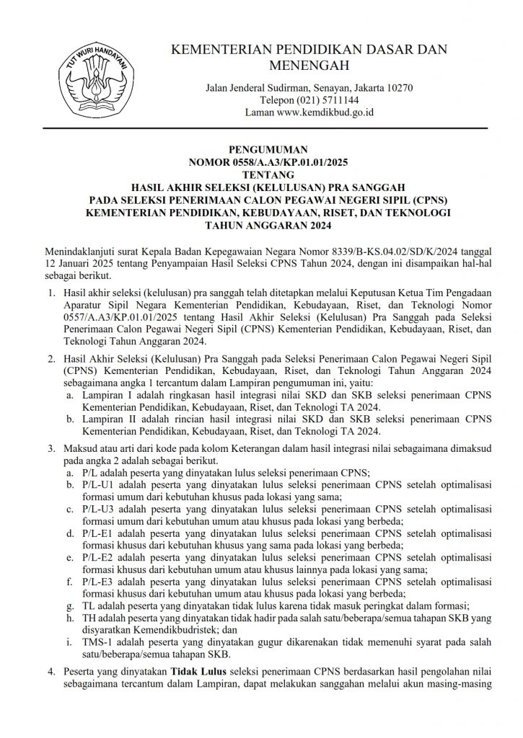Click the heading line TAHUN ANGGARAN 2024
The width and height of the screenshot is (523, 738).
click(261, 226)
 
